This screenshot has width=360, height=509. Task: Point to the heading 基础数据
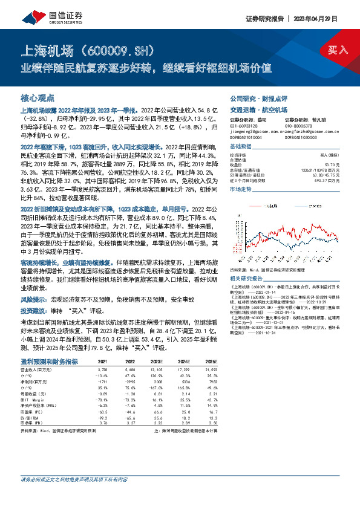tap(242, 147)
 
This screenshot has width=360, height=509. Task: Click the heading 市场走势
tap(242, 190)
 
